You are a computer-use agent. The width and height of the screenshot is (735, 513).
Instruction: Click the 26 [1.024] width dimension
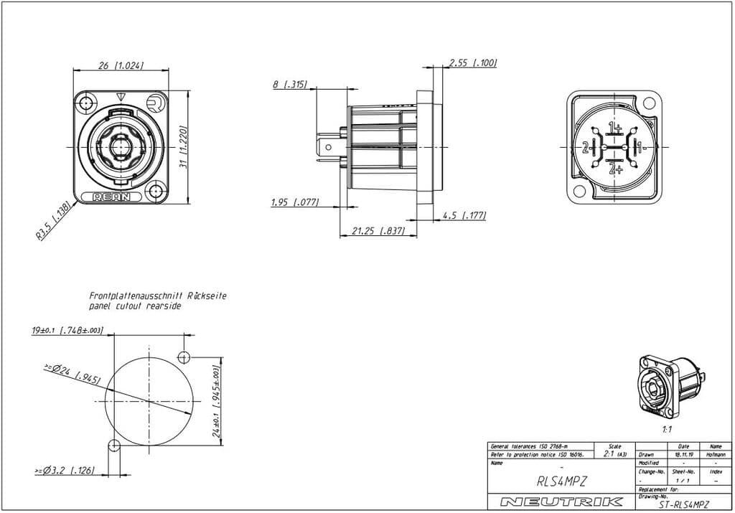coord(121,65)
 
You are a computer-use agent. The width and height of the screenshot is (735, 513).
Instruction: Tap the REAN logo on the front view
coord(112,197)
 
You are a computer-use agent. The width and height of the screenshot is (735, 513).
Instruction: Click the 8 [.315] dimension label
coord(289,84)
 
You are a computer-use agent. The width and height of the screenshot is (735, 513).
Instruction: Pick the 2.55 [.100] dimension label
coord(472,63)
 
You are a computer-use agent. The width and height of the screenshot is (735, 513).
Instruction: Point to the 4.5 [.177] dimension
coord(464,215)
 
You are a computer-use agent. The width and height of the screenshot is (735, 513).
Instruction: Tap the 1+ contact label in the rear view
coord(615,128)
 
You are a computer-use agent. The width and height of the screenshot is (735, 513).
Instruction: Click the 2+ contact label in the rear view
coord(615,169)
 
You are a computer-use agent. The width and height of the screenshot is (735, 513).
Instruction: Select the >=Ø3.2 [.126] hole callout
coord(64,471)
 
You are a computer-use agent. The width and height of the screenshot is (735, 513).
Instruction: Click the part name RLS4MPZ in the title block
coord(561,482)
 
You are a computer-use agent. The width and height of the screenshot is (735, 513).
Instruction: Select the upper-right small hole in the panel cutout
coord(184,357)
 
